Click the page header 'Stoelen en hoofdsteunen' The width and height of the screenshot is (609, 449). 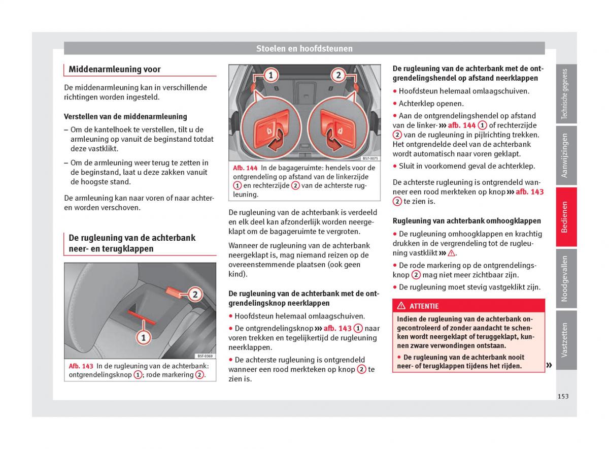304,49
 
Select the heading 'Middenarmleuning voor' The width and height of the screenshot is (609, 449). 115,70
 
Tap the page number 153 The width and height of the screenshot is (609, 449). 562,396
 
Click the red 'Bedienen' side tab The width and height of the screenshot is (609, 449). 565,217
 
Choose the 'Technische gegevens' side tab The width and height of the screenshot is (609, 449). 565,94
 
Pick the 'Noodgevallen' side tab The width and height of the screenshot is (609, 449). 565,278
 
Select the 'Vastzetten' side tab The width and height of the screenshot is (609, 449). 565,340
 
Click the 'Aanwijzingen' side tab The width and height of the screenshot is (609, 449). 565,155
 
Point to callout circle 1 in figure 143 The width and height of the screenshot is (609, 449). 144,337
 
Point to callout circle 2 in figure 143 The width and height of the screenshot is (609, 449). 195,294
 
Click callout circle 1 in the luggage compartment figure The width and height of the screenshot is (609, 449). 270,76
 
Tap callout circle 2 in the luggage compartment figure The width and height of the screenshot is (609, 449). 338,76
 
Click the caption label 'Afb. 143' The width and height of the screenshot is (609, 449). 81,366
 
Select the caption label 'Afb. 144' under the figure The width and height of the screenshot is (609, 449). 246,168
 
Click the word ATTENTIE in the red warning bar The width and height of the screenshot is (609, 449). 424,306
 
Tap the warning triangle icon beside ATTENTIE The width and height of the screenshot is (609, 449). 401,306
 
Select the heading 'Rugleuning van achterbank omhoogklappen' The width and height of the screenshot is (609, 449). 467,221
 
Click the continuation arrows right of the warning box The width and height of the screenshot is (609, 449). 549,365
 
